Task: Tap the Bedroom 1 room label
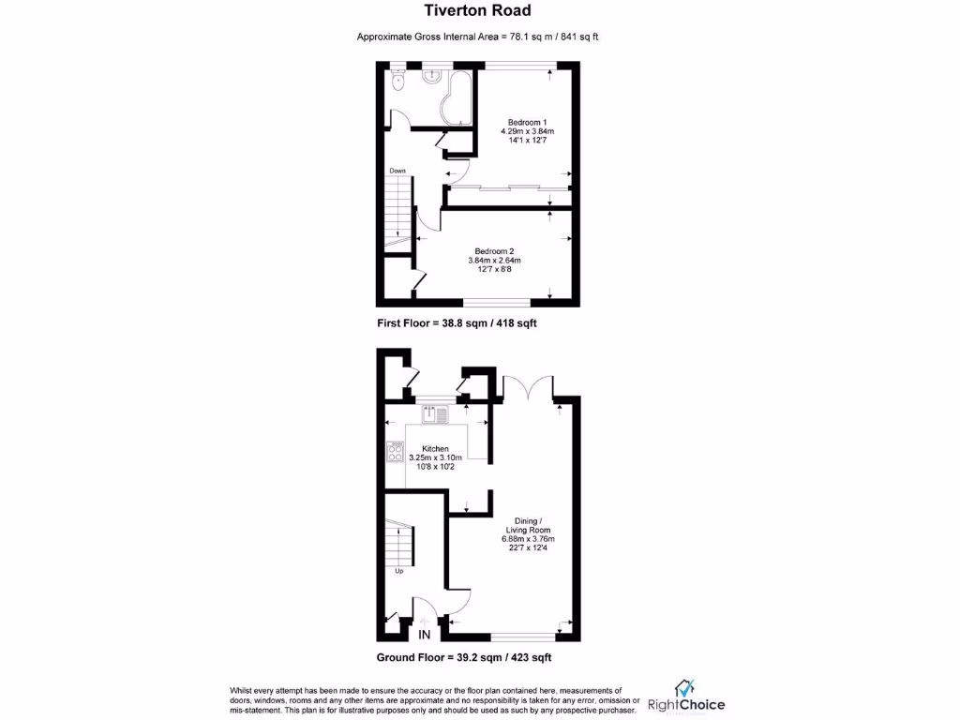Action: click(526, 123)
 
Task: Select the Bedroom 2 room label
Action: click(494, 251)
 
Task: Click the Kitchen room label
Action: click(435, 449)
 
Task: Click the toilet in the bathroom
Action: click(397, 82)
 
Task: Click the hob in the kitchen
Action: click(393, 451)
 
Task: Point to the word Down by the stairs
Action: click(397, 171)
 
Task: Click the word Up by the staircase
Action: click(397, 570)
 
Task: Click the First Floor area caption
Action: click(457, 322)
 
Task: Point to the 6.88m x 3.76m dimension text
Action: click(528, 539)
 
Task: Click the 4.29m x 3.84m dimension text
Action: click(526, 131)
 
